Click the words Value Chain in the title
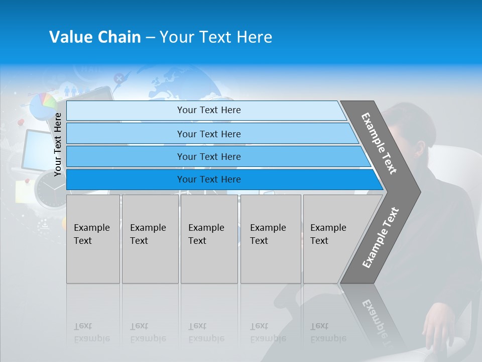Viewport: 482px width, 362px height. [x=95, y=37]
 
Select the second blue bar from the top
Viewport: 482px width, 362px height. [x=208, y=134]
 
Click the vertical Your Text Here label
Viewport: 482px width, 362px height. [x=58, y=144]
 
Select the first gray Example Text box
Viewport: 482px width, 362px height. [x=93, y=239]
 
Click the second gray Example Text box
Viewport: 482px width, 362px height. [x=150, y=239]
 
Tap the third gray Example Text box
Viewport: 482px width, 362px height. [x=209, y=239]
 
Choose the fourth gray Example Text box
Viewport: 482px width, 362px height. [x=270, y=239]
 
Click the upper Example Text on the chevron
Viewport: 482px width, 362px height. [x=379, y=143]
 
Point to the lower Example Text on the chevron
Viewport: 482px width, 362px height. [x=380, y=237]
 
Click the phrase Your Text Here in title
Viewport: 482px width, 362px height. [x=216, y=37]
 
